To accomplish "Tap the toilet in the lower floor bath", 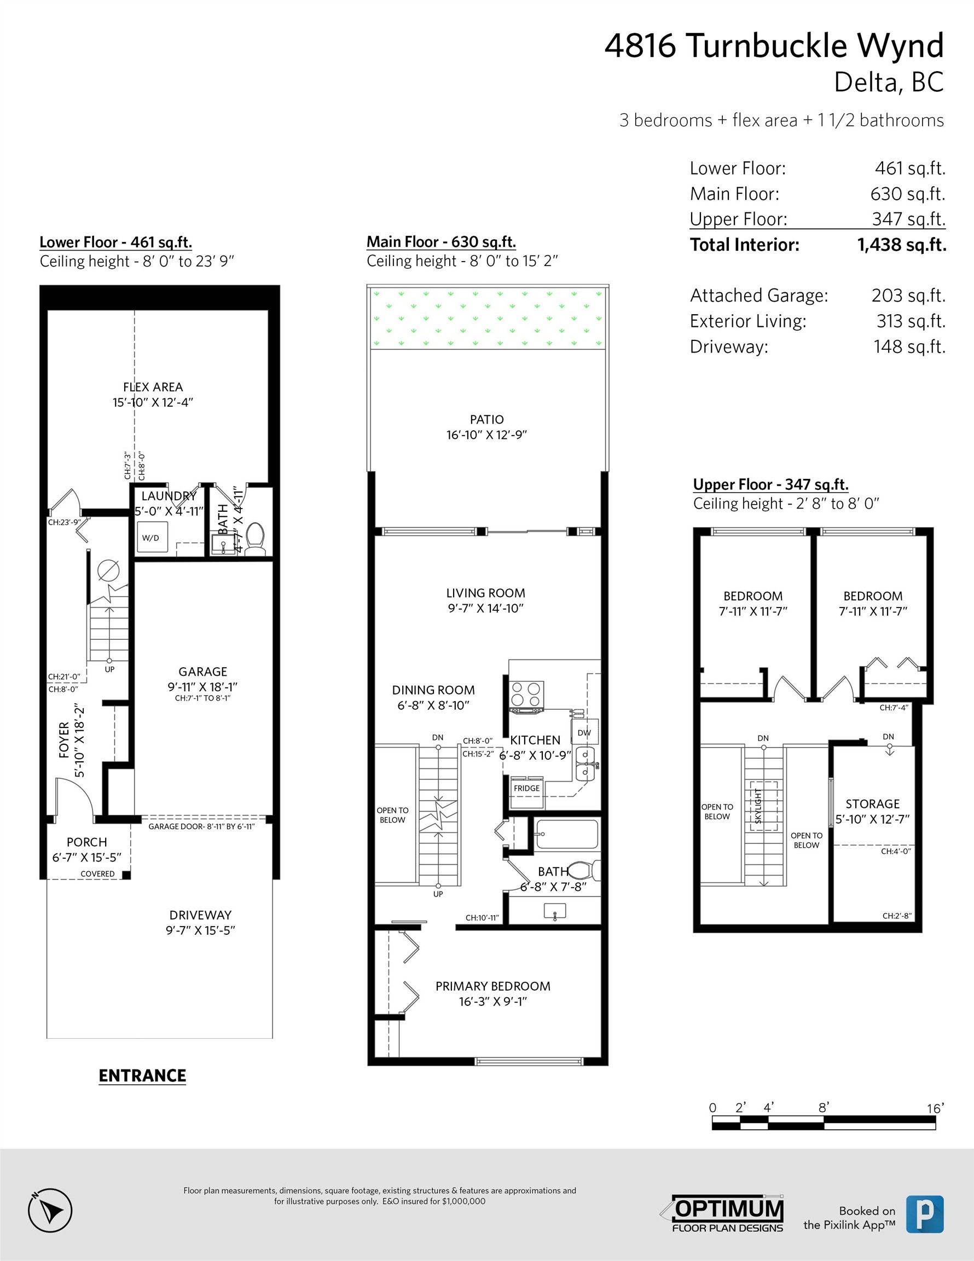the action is click(x=254, y=539).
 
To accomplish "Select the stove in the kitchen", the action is click(x=526, y=695).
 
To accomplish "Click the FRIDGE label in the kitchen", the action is click(x=526, y=788).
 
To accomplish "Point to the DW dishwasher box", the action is click(x=584, y=732).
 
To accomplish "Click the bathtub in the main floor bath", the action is click(x=567, y=834).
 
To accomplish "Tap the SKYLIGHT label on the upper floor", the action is click(x=758, y=806).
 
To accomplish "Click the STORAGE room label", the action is click(x=872, y=803).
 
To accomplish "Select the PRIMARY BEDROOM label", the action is click(x=493, y=986).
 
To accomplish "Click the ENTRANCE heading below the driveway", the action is click(x=143, y=1075).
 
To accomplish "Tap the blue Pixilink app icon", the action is click(x=925, y=1213).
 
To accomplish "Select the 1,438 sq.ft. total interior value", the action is click(x=902, y=245).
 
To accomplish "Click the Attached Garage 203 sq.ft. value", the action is click(x=909, y=296).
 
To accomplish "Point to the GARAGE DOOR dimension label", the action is click(x=201, y=826).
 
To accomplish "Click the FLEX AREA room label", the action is click(x=153, y=387).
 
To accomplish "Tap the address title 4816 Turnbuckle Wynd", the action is click(x=774, y=45).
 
